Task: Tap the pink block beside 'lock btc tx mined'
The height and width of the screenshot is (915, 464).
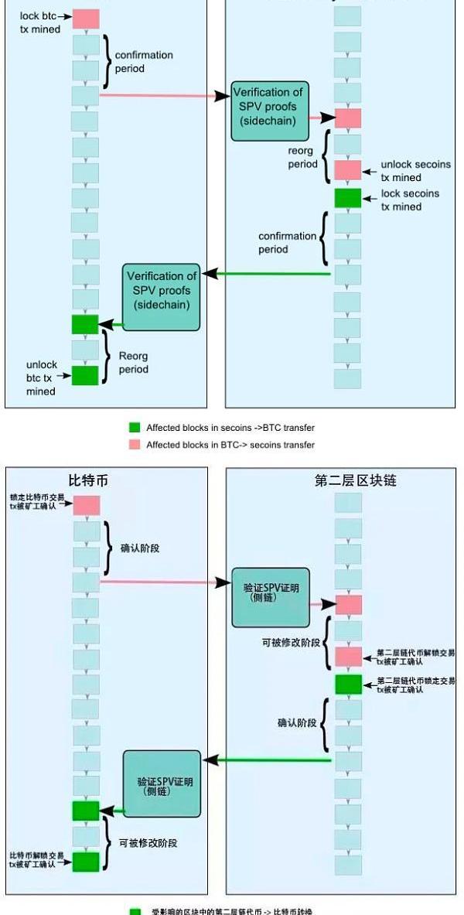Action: pos(86,19)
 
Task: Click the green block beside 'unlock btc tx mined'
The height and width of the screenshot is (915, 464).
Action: pos(85,375)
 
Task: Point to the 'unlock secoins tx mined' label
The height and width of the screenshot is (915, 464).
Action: pos(415,171)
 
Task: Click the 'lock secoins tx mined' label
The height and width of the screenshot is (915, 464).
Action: pos(410,200)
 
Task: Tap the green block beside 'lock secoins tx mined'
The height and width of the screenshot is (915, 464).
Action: pos(347,197)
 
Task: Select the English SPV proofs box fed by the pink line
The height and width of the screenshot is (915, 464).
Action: pos(270,111)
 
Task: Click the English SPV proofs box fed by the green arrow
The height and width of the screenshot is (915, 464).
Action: pos(162,290)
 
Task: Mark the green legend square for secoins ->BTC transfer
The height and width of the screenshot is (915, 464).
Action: pos(135,428)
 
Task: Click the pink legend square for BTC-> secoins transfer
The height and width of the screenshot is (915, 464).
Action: pos(135,445)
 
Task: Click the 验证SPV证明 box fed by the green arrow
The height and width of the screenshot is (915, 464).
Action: pos(162,783)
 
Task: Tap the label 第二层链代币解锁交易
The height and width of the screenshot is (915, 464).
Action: pos(415,657)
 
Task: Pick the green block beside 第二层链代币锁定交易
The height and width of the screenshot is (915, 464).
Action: pos(348,684)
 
